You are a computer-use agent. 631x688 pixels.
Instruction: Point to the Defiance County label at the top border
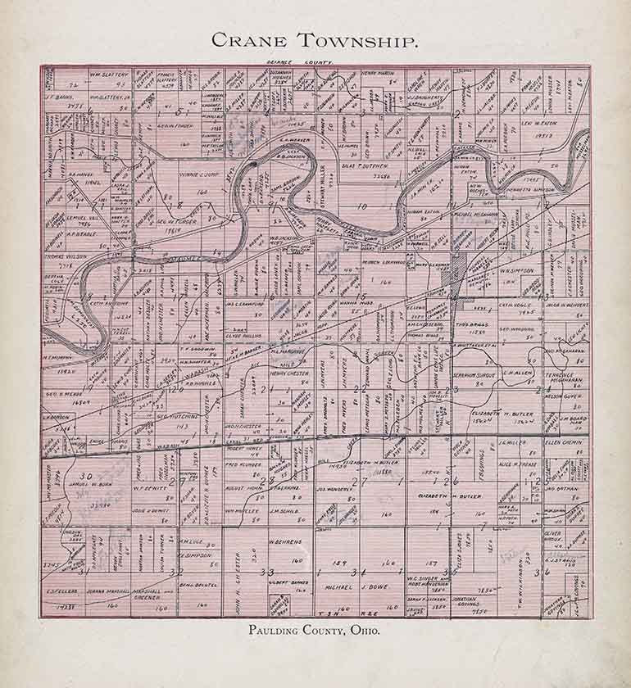pos(299,62)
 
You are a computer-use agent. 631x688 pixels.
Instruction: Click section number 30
pos(84,476)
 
